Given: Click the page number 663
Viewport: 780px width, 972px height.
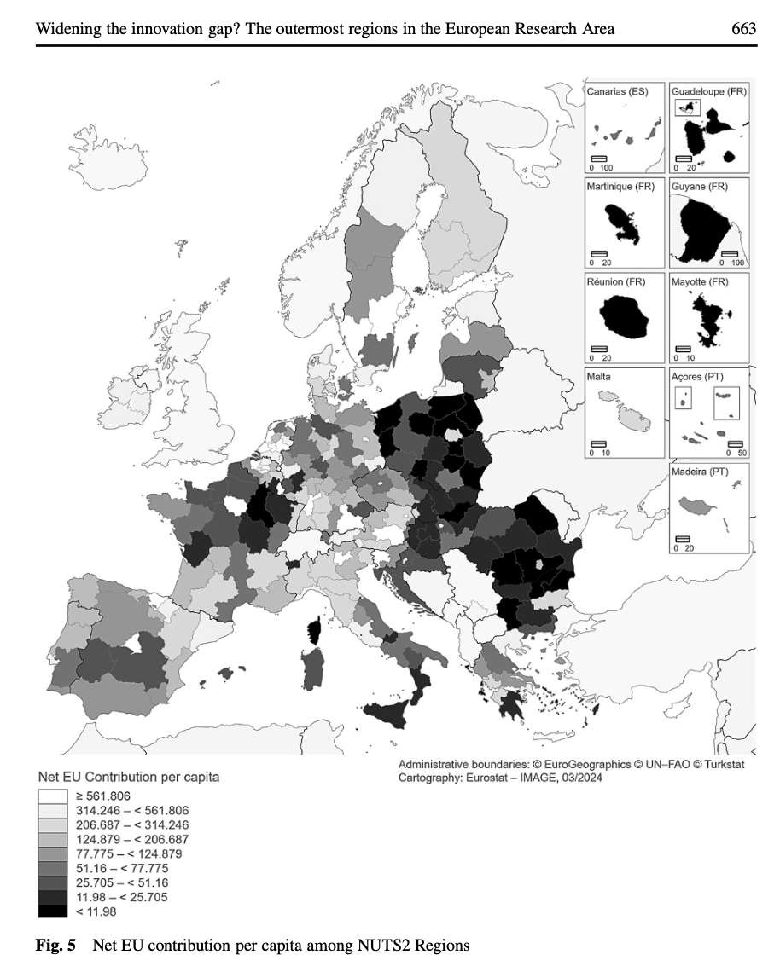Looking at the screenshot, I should tap(744, 29).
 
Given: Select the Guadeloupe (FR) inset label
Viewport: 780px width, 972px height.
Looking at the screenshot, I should tap(708, 91).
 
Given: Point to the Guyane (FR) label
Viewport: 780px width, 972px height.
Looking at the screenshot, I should tap(700, 187).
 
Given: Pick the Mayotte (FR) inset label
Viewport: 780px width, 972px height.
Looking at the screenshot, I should tap(701, 282).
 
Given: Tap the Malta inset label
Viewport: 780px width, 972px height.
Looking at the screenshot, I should tap(599, 377).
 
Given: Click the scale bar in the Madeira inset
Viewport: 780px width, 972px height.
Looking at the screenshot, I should tap(683, 538).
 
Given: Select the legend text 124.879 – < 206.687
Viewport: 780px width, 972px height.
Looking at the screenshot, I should tap(138, 840).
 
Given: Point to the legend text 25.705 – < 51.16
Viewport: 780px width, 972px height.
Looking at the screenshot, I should tap(132, 882).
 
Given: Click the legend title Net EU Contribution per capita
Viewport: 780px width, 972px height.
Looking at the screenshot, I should tap(129, 778).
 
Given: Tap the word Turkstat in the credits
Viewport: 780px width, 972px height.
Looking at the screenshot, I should tap(721, 764).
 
